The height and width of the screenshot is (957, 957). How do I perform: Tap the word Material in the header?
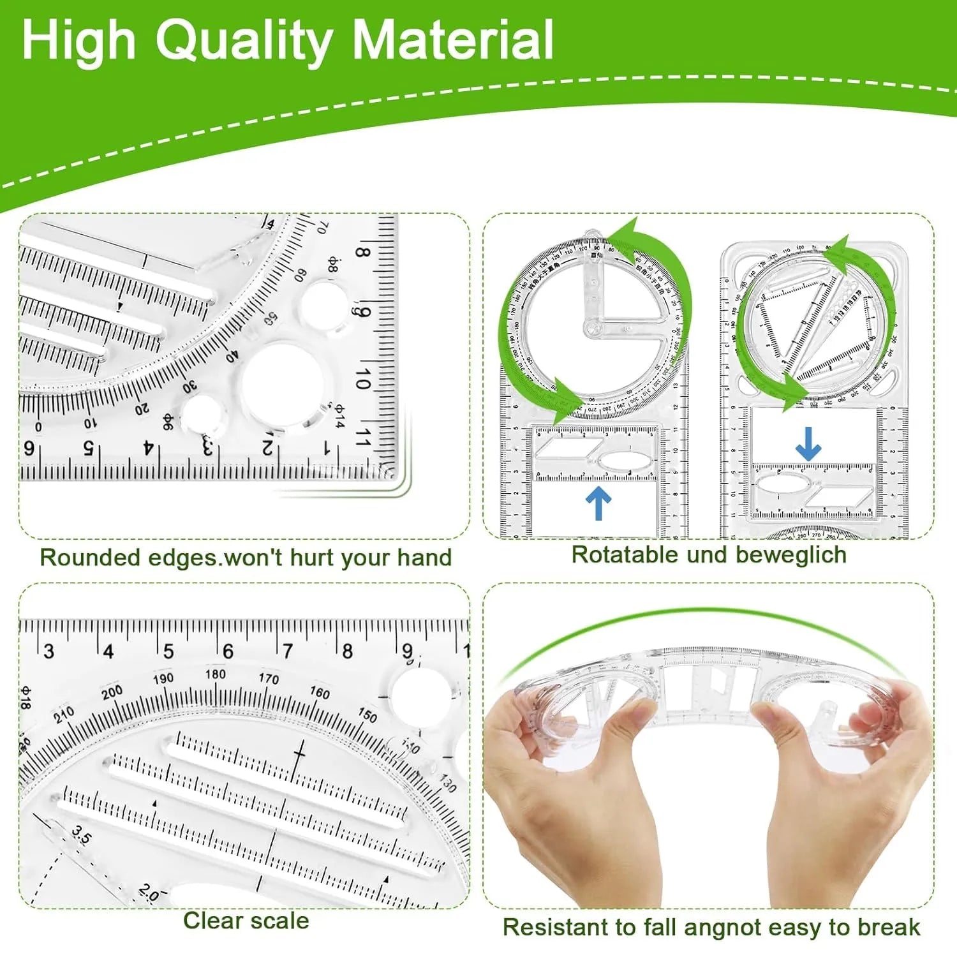[453, 40]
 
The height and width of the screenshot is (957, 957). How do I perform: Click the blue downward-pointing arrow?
[808, 444]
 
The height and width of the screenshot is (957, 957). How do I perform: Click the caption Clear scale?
[246, 921]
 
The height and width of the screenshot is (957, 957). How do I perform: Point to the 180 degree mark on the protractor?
[215, 674]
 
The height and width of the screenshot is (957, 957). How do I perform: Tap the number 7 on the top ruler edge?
[288, 651]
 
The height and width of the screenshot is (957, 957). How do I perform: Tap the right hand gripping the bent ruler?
[849, 797]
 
